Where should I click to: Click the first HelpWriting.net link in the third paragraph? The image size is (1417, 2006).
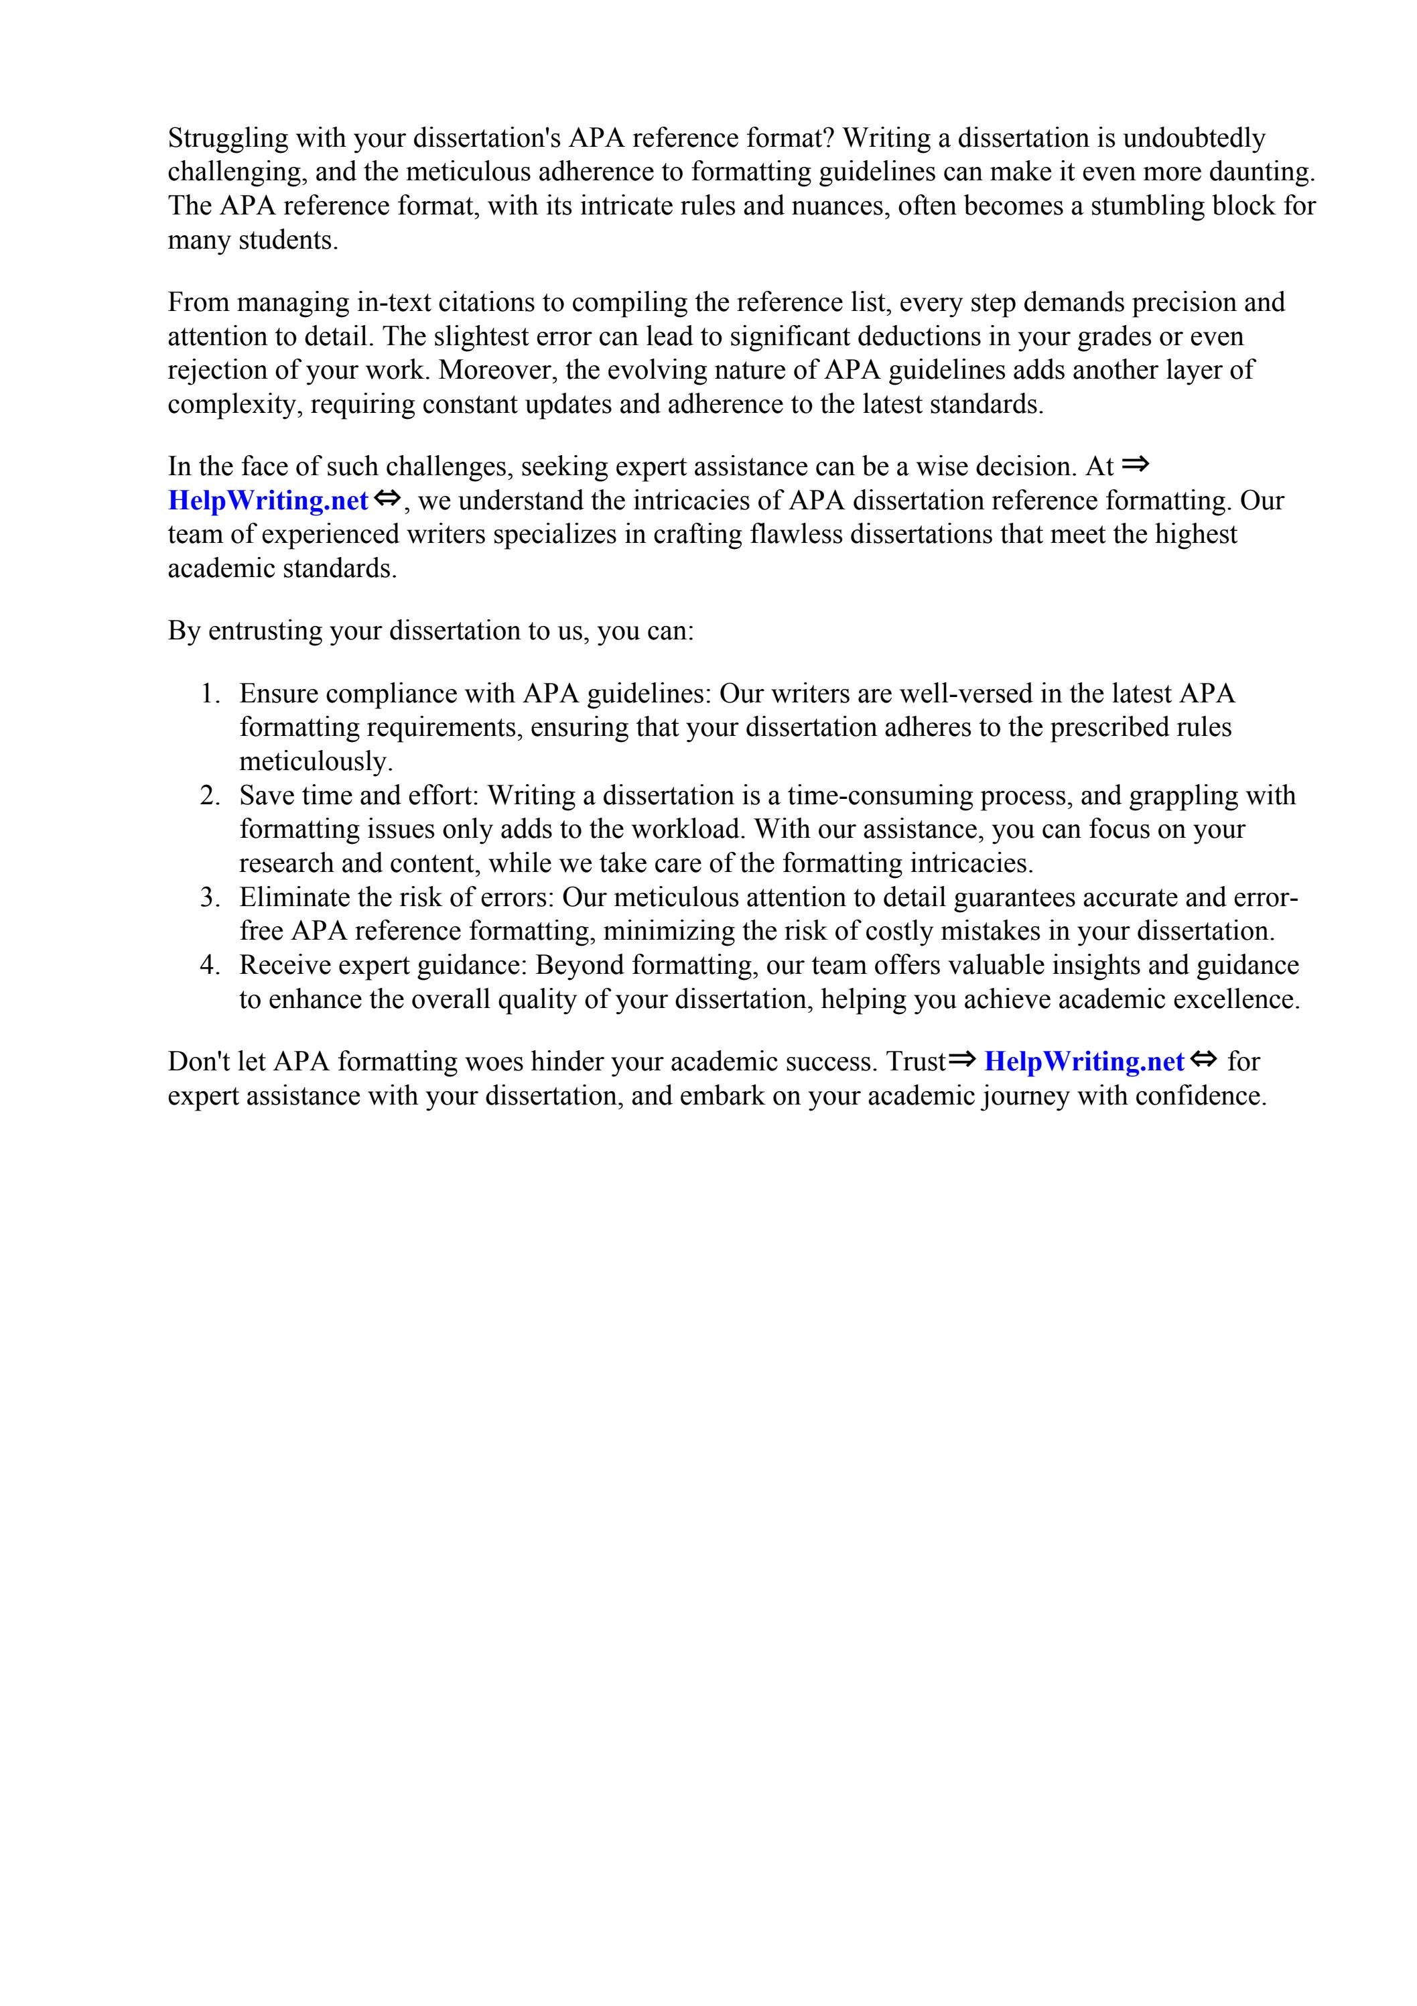[267, 501]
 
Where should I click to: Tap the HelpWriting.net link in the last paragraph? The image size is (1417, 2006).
[1083, 1062]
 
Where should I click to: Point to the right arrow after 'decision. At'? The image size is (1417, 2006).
[1135, 466]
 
